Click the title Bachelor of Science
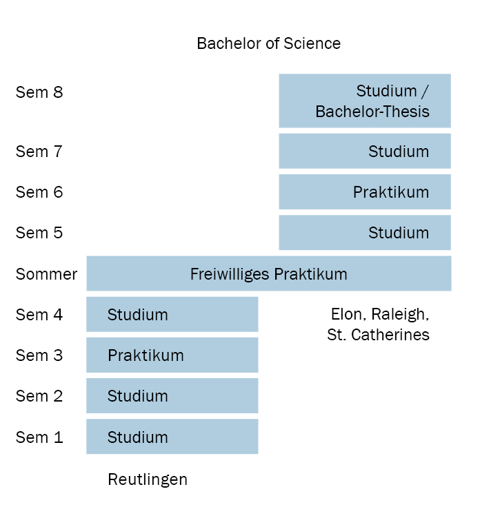point(268,43)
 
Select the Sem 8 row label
point(39,92)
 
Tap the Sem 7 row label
point(39,151)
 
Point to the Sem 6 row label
point(39,192)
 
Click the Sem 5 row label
point(39,233)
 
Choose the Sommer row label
point(46,274)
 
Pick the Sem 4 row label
point(39,314)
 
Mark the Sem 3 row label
point(39,355)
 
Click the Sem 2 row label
point(39,396)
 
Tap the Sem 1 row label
point(39,437)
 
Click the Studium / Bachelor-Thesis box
point(365,101)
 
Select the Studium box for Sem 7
point(365,151)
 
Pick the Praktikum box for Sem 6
point(365,192)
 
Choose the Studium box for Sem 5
point(365,233)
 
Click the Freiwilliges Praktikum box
point(269,273)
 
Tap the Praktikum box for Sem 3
point(172,355)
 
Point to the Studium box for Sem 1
point(172,437)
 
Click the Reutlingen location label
point(148,479)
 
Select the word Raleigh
point(400,314)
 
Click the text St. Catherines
point(378,335)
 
